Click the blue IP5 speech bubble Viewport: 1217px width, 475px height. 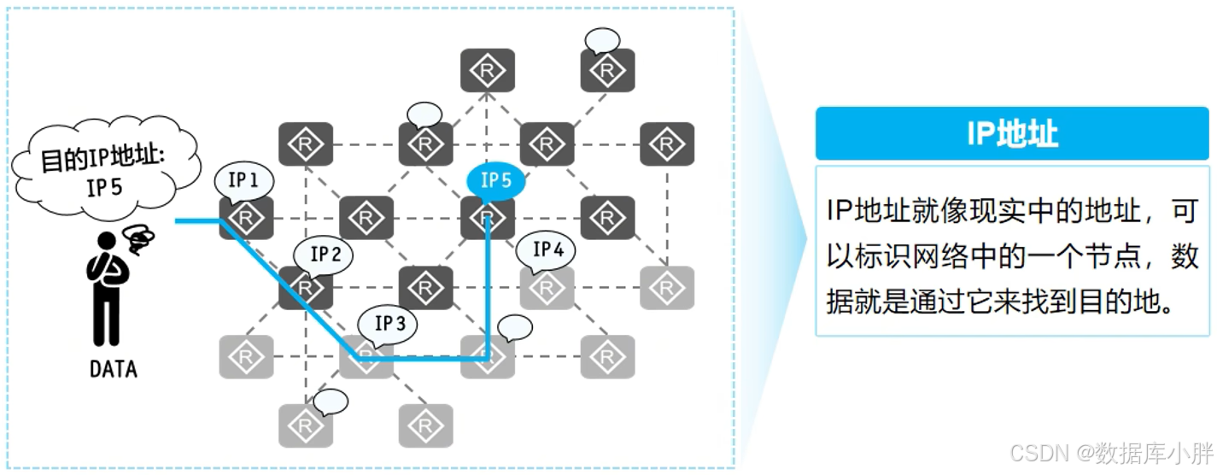[495, 181]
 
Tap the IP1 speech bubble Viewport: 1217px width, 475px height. [243, 180]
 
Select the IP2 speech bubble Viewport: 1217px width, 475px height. [325, 254]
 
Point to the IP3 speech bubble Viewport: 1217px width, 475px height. [389, 324]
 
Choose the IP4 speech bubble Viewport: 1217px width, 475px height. [547, 249]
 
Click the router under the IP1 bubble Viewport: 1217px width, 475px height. [246, 218]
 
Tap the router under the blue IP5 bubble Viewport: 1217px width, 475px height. [487, 218]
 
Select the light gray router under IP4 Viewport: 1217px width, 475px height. [547, 288]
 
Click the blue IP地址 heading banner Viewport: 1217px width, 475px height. [1011, 133]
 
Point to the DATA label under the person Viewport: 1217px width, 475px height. [113, 369]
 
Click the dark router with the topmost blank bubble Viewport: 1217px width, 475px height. [606, 71]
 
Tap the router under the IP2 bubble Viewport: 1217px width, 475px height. [305, 288]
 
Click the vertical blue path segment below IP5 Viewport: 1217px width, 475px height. [488, 290]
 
